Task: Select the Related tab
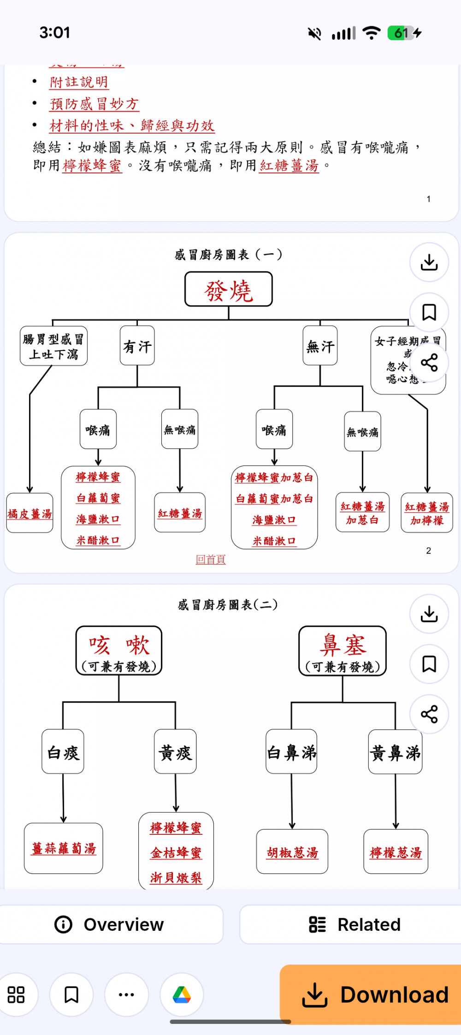pyautogui.click(x=355, y=924)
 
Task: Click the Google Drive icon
pyautogui.click(x=182, y=995)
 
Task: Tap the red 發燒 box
pyautogui.click(x=229, y=290)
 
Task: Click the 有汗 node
pyautogui.click(x=137, y=346)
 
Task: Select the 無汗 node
pyautogui.click(x=320, y=346)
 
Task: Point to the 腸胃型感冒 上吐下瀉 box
pyautogui.click(x=53, y=346)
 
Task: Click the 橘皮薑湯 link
pyautogui.click(x=30, y=513)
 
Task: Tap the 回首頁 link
pyautogui.click(x=211, y=559)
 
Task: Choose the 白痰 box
pyautogui.click(x=63, y=752)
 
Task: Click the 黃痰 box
pyautogui.click(x=175, y=752)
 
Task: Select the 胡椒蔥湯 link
pyautogui.click(x=292, y=852)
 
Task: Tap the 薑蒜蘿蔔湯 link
pyautogui.click(x=64, y=848)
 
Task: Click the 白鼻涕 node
pyautogui.click(x=291, y=752)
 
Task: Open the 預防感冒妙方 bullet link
pyautogui.click(x=94, y=104)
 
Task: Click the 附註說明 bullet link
pyautogui.click(x=79, y=82)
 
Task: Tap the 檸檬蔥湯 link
pyautogui.click(x=396, y=852)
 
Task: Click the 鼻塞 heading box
pyautogui.click(x=343, y=651)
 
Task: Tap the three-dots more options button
pyautogui.click(x=126, y=995)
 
